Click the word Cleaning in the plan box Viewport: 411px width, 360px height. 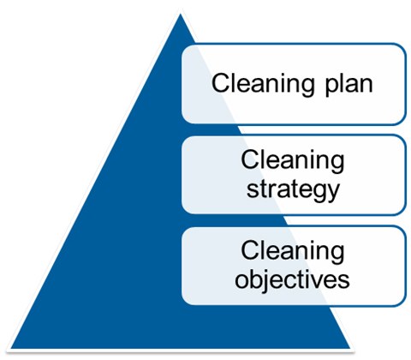point(263,84)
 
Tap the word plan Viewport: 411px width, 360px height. point(348,86)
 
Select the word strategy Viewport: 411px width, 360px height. point(293,190)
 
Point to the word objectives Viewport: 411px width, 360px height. point(292,279)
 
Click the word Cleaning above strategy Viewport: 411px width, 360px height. point(293,161)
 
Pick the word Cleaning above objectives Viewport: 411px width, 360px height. point(293,251)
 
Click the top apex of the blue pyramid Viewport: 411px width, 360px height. point(181,14)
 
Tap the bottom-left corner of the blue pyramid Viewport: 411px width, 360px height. point(11,348)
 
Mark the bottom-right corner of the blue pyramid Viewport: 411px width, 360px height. point(350,348)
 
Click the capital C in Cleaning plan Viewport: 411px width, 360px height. point(221,83)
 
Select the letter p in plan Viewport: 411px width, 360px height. point(331,87)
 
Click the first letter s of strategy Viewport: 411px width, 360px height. point(253,190)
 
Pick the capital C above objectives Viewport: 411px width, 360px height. point(250,250)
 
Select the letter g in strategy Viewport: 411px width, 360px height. point(315,193)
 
